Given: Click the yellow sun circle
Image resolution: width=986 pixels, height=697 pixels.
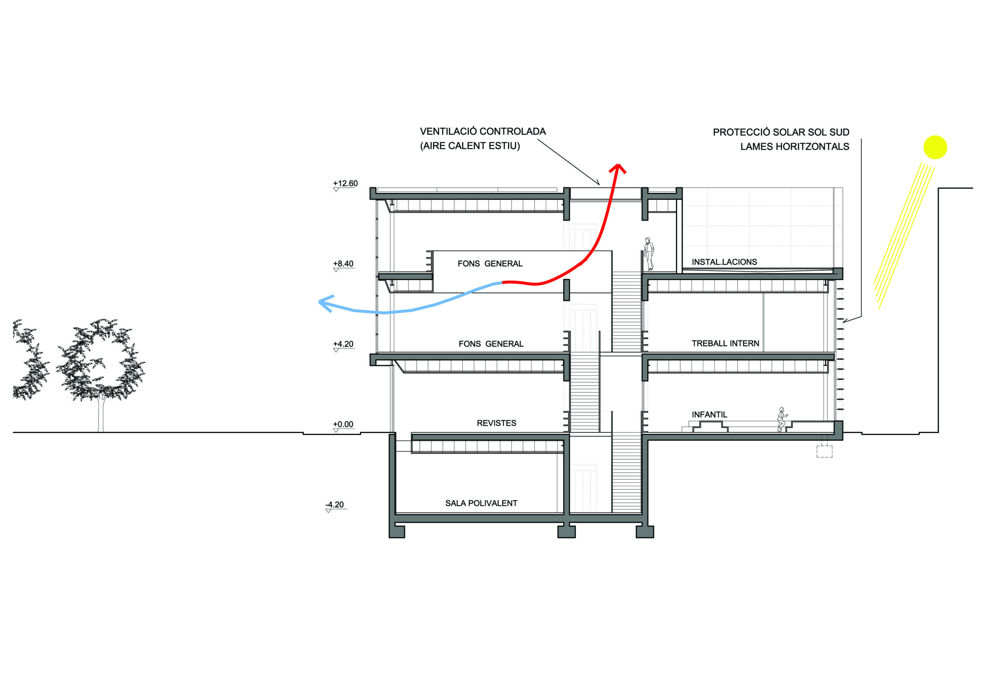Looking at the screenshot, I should (x=935, y=148).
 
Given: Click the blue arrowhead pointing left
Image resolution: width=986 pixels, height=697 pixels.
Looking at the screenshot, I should (x=325, y=302).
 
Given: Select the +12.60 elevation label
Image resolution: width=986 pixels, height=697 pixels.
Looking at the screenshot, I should (x=345, y=183).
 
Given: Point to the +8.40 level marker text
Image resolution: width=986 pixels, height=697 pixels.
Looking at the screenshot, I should (x=343, y=264).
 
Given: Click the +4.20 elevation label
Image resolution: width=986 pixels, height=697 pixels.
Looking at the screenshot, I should (x=343, y=344).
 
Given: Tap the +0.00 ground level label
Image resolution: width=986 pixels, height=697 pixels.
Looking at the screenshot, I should (x=343, y=425).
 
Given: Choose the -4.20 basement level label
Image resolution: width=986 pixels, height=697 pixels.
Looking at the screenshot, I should (x=335, y=504).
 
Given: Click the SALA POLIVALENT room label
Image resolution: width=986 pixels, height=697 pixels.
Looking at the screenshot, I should (x=481, y=503).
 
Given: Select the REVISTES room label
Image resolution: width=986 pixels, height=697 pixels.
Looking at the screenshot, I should (x=496, y=423).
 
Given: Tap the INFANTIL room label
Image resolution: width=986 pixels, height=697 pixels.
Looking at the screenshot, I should (x=709, y=415).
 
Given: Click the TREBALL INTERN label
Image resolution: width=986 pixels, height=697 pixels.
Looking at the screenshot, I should (x=725, y=343).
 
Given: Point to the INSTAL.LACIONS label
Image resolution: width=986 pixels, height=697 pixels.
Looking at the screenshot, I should (x=724, y=262).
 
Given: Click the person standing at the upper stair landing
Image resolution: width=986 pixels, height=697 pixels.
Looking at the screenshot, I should (x=649, y=254).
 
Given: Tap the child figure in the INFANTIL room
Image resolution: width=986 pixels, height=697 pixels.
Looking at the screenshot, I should (x=781, y=419).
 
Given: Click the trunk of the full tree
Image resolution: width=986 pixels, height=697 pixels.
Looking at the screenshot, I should (x=101, y=415).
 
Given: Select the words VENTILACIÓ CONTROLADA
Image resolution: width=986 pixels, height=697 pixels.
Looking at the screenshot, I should (x=483, y=131).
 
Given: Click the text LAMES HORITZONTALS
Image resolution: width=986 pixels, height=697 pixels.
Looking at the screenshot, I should (x=795, y=146).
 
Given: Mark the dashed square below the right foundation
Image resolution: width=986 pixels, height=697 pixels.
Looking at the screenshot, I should (x=824, y=452).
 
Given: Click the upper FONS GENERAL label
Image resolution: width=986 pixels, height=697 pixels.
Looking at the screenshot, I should (x=490, y=264).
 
